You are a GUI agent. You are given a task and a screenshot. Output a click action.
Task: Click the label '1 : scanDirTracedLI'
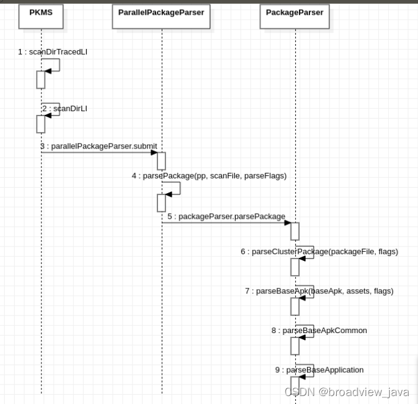(52, 52)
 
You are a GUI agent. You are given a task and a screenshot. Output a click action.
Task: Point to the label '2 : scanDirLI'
(65, 108)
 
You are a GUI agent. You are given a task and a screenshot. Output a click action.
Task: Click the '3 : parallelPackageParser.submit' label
(98, 146)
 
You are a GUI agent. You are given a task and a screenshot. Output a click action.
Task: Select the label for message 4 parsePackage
(209, 175)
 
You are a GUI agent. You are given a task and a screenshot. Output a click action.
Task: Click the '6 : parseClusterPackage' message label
(319, 251)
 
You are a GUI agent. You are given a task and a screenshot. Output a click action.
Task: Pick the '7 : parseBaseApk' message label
(319, 291)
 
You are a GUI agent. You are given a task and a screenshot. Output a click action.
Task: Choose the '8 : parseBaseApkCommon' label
(319, 330)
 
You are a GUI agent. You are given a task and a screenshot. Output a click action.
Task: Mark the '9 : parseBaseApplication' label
(319, 370)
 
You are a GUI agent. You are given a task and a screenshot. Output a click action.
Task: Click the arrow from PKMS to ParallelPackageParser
(101, 153)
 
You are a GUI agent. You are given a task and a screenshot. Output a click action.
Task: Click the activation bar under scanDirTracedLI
(41, 79)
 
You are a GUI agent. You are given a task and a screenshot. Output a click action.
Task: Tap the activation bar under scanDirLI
(41, 123)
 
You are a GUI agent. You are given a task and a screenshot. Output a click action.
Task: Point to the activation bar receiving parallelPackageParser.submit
(162, 161)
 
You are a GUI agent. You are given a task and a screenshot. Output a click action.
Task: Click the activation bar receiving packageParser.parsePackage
(295, 231)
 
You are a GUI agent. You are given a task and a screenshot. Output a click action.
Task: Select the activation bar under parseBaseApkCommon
(295, 346)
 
